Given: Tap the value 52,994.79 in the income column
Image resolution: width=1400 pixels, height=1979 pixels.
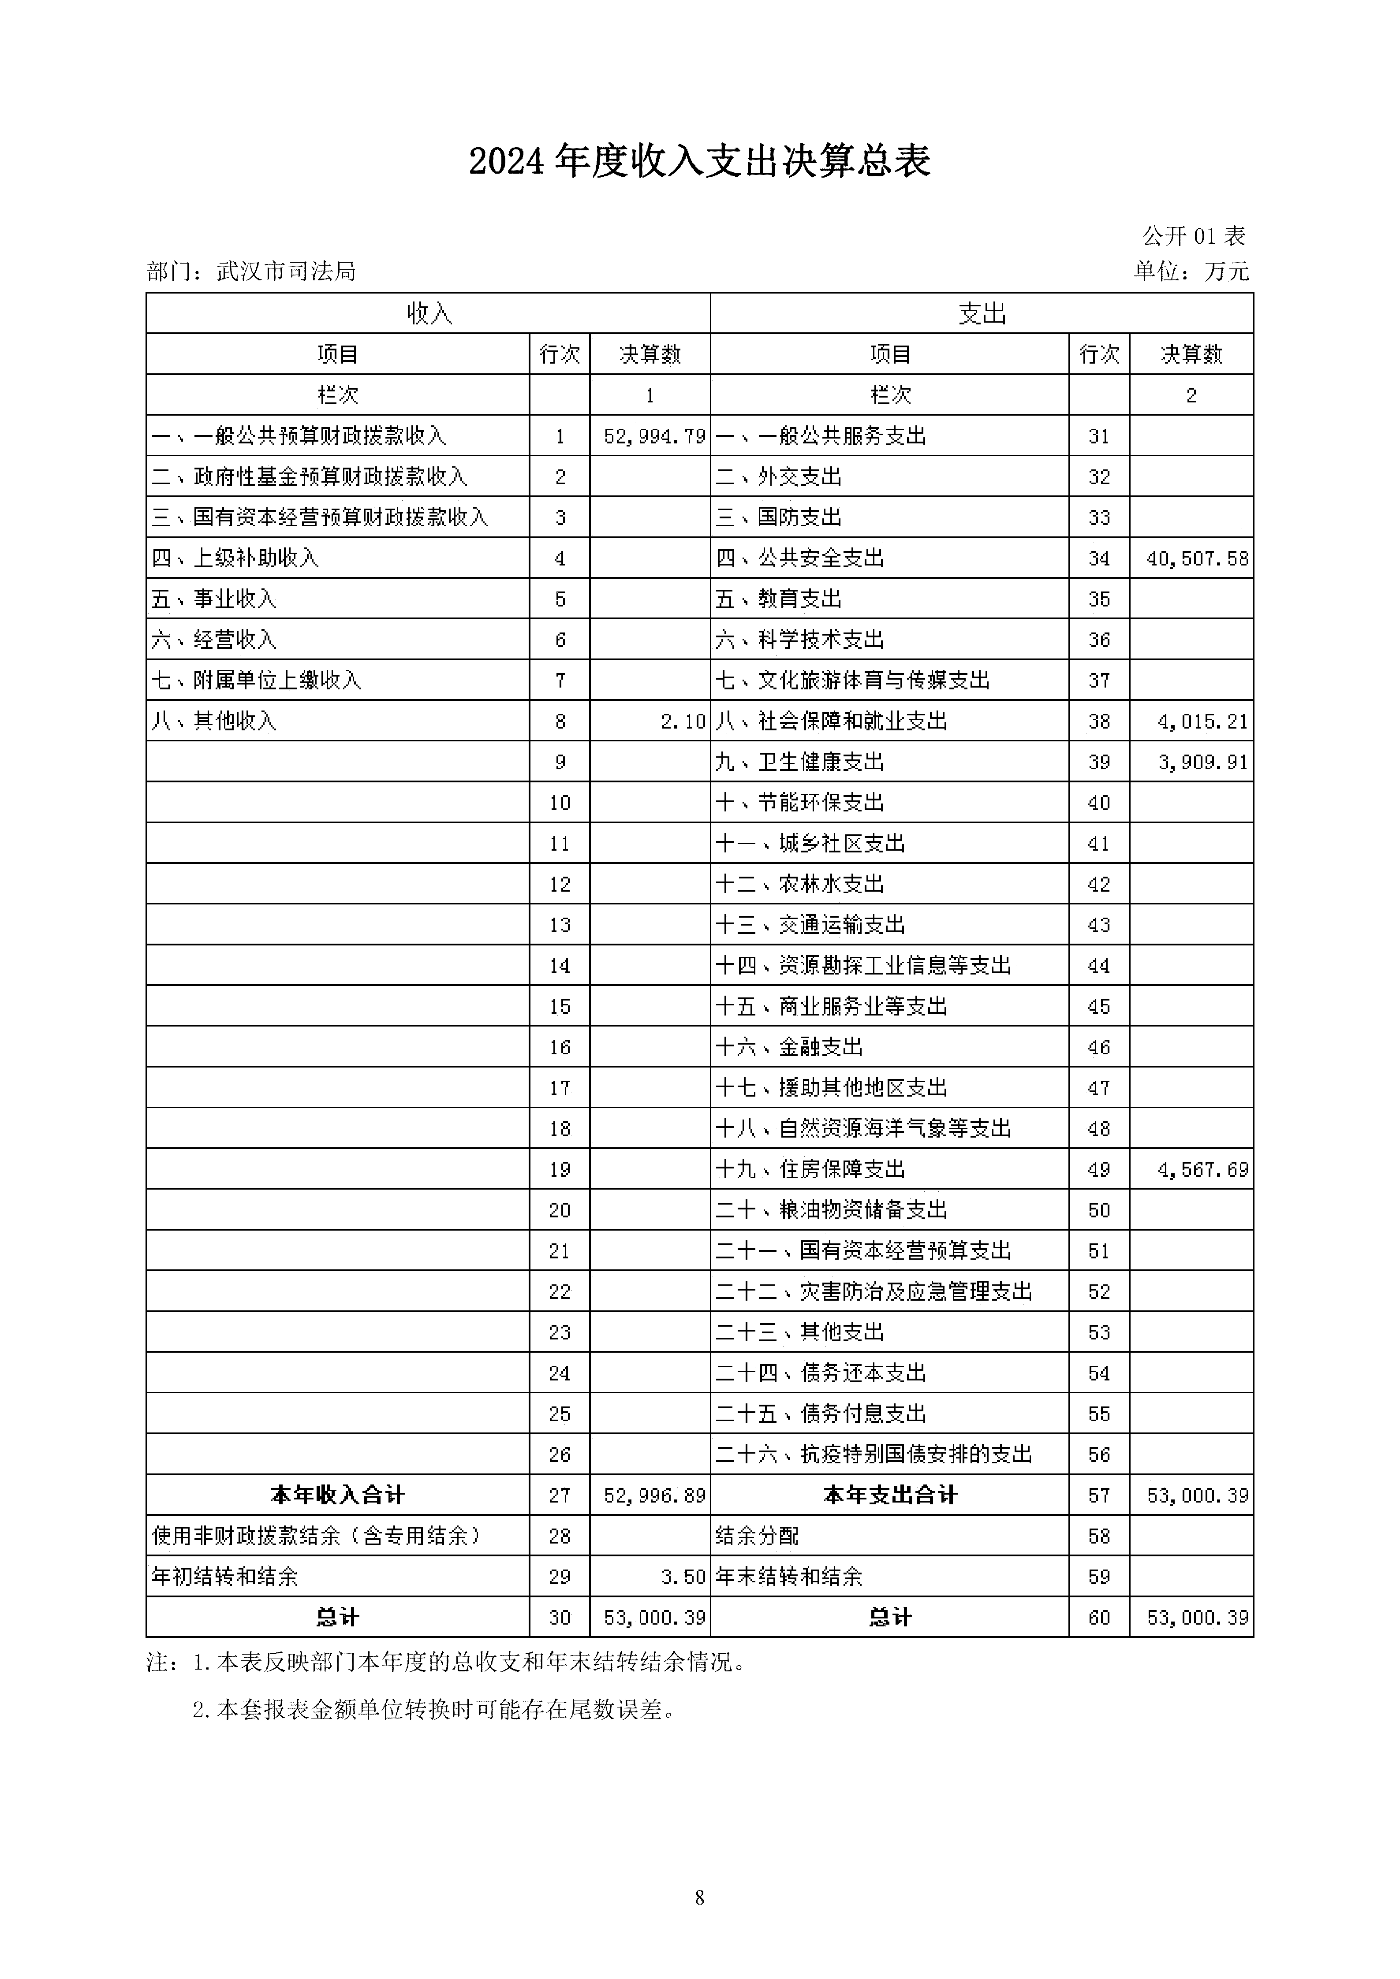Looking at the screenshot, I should (x=654, y=436).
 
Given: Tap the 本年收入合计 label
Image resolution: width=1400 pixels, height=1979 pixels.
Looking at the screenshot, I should (x=337, y=1495).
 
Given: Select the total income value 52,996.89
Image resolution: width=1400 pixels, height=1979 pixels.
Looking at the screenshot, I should (x=654, y=1495).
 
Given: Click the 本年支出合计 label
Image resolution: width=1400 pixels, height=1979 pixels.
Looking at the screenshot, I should (x=890, y=1495).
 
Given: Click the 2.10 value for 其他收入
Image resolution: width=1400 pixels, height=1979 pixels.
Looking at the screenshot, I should (x=683, y=722).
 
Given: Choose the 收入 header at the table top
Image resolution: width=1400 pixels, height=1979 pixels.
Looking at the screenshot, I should (x=429, y=314).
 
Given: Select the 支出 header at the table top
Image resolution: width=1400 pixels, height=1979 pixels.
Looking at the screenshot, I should (x=982, y=314).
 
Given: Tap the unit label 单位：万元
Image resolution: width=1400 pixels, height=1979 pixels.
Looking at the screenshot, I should (x=1191, y=272).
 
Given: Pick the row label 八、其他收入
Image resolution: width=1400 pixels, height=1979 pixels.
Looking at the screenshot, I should (x=214, y=722).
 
